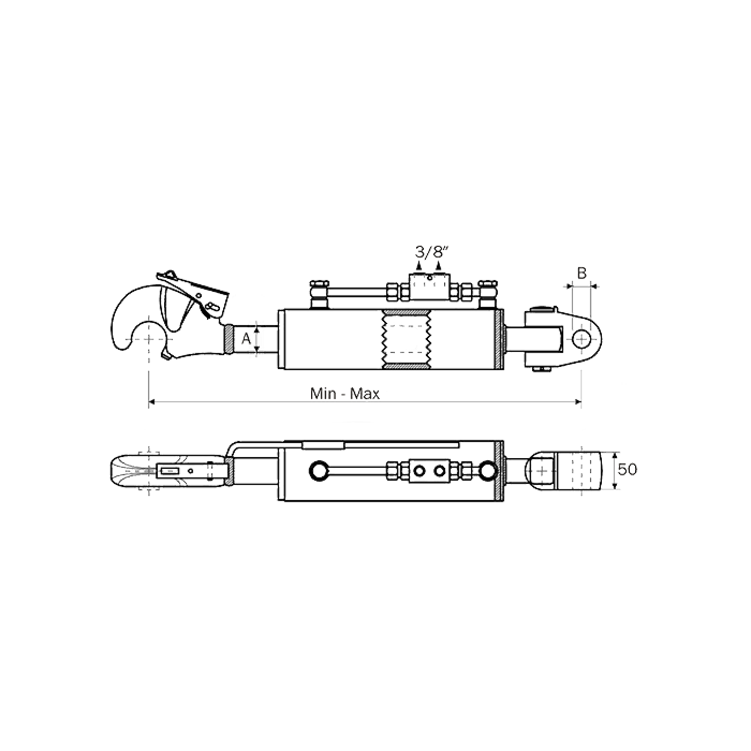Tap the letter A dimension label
pyautogui.click(x=246, y=338)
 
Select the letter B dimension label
pyautogui.click(x=581, y=274)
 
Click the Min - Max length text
pyautogui.click(x=345, y=394)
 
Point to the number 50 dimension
pyautogui.click(x=628, y=469)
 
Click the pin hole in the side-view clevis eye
pyautogui.click(x=581, y=340)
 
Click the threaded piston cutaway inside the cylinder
pyautogui.click(x=406, y=339)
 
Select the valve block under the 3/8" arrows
pyautogui.click(x=429, y=287)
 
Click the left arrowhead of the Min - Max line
pyautogui.click(x=152, y=402)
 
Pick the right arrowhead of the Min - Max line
pyautogui.click(x=578, y=402)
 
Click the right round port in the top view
pyautogui.click(x=487, y=471)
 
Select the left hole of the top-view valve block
pyautogui.click(x=419, y=471)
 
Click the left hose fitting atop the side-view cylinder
pyautogui.click(x=319, y=294)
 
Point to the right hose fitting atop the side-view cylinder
pyautogui.click(x=488, y=294)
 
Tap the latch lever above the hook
pyautogui.click(x=193, y=290)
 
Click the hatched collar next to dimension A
pyautogui.click(x=229, y=340)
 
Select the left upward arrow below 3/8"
pyautogui.click(x=419, y=266)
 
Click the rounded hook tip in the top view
pyautogui.click(x=117, y=471)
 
